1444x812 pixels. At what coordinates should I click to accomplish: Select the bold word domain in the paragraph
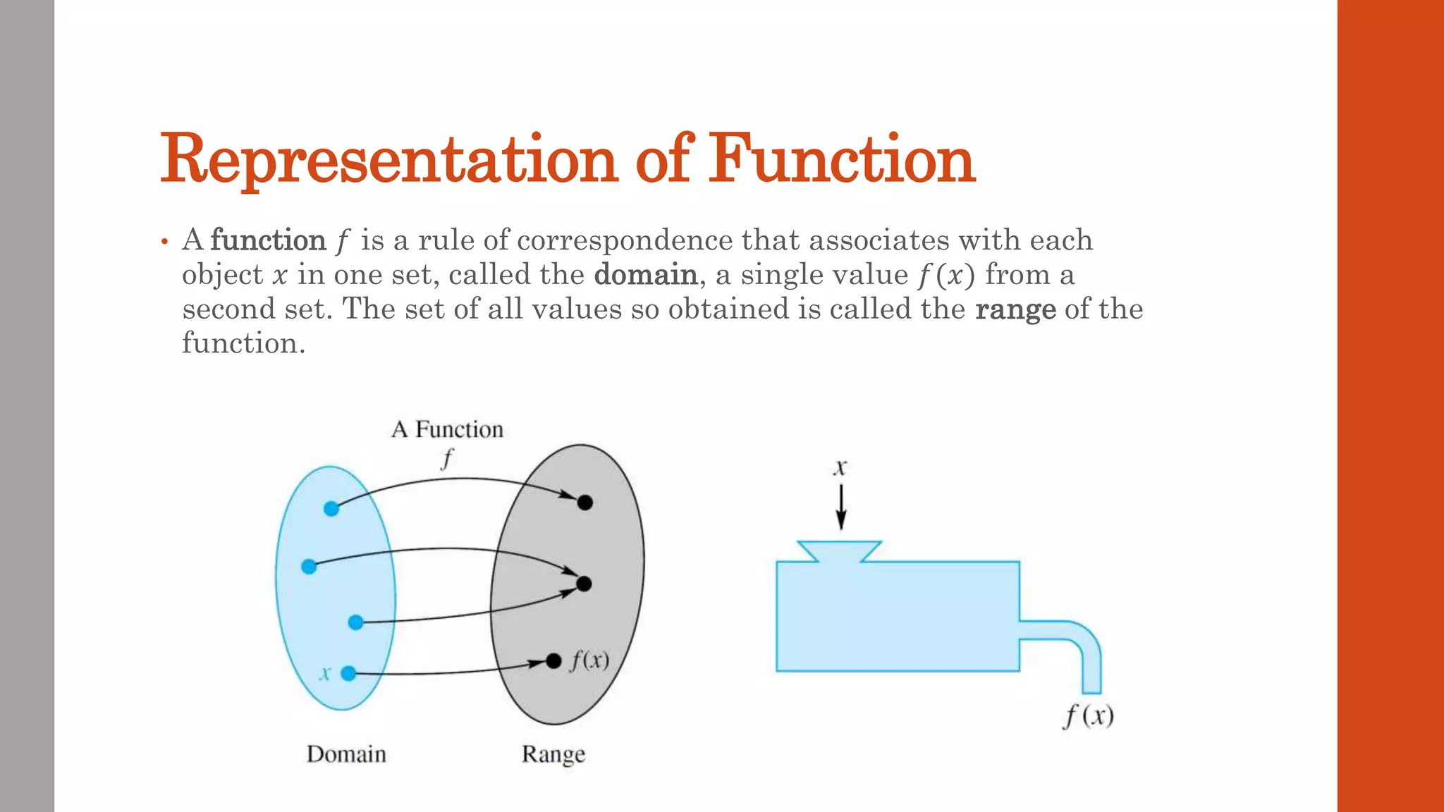tap(645, 274)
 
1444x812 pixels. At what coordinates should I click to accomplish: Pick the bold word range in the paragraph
tap(1015, 309)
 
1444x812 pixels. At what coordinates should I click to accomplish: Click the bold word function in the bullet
tap(268, 240)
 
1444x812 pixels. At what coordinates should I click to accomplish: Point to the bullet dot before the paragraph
tap(164, 242)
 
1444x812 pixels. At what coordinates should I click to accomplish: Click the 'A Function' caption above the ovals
tap(447, 429)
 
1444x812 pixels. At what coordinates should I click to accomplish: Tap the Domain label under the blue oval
tap(346, 754)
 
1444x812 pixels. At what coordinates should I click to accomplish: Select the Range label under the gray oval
tap(553, 754)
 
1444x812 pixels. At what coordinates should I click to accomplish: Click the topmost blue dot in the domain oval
tap(331, 508)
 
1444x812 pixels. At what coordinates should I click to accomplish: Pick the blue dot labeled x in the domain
tap(348, 673)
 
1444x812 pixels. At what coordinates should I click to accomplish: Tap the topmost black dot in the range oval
tap(585, 503)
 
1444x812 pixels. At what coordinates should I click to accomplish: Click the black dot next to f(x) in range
tap(553, 660)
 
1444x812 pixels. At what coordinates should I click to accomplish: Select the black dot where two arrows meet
tap(584, 584)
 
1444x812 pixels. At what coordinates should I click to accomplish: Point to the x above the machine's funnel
tap(840, 468)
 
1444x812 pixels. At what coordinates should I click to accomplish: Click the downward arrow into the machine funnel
tap(840, 508)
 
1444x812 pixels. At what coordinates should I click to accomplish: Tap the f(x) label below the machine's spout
tap(1089, 715)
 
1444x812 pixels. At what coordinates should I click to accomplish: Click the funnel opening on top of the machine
tap(840, 550)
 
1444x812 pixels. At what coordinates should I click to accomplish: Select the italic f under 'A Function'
tap(447, 459)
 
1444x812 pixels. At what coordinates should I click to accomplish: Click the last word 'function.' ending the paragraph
tap(243, 343)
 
